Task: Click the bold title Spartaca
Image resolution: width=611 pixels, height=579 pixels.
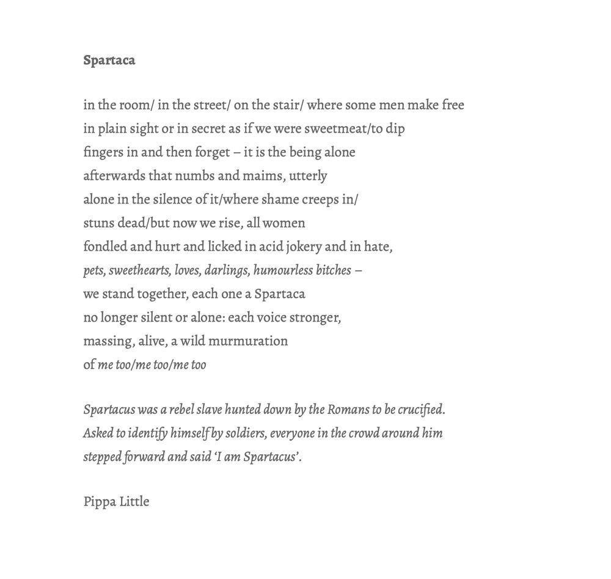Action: click(109, 60)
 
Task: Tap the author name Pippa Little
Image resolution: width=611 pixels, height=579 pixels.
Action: click(116, 501)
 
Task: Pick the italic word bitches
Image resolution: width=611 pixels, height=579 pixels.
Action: click(334, 270)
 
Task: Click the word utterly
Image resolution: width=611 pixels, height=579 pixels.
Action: click(308, 176)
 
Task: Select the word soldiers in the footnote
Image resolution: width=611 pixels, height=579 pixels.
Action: click(246, 433)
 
